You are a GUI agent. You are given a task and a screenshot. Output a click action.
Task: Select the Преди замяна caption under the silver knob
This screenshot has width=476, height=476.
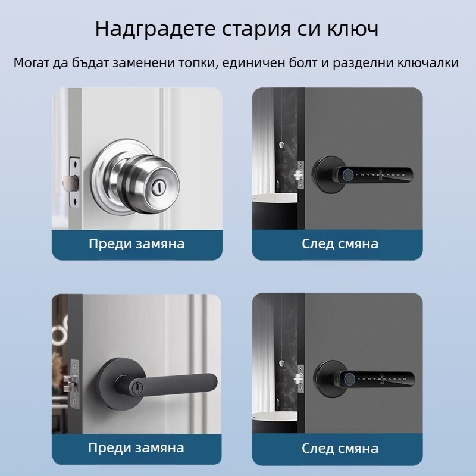coord(136,243)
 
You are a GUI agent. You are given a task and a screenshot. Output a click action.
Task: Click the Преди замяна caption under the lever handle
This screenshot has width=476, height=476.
coord(136,447)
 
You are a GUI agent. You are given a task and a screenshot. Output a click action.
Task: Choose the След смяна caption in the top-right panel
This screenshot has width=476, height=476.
coord(340,243)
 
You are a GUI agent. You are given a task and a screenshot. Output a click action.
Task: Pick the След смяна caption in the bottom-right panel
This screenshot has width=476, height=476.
coord(340,447)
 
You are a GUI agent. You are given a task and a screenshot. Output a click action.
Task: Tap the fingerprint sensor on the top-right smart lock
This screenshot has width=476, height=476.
coord(346,175)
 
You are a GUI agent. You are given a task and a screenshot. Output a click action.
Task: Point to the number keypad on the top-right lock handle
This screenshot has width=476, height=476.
coord(384,175)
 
